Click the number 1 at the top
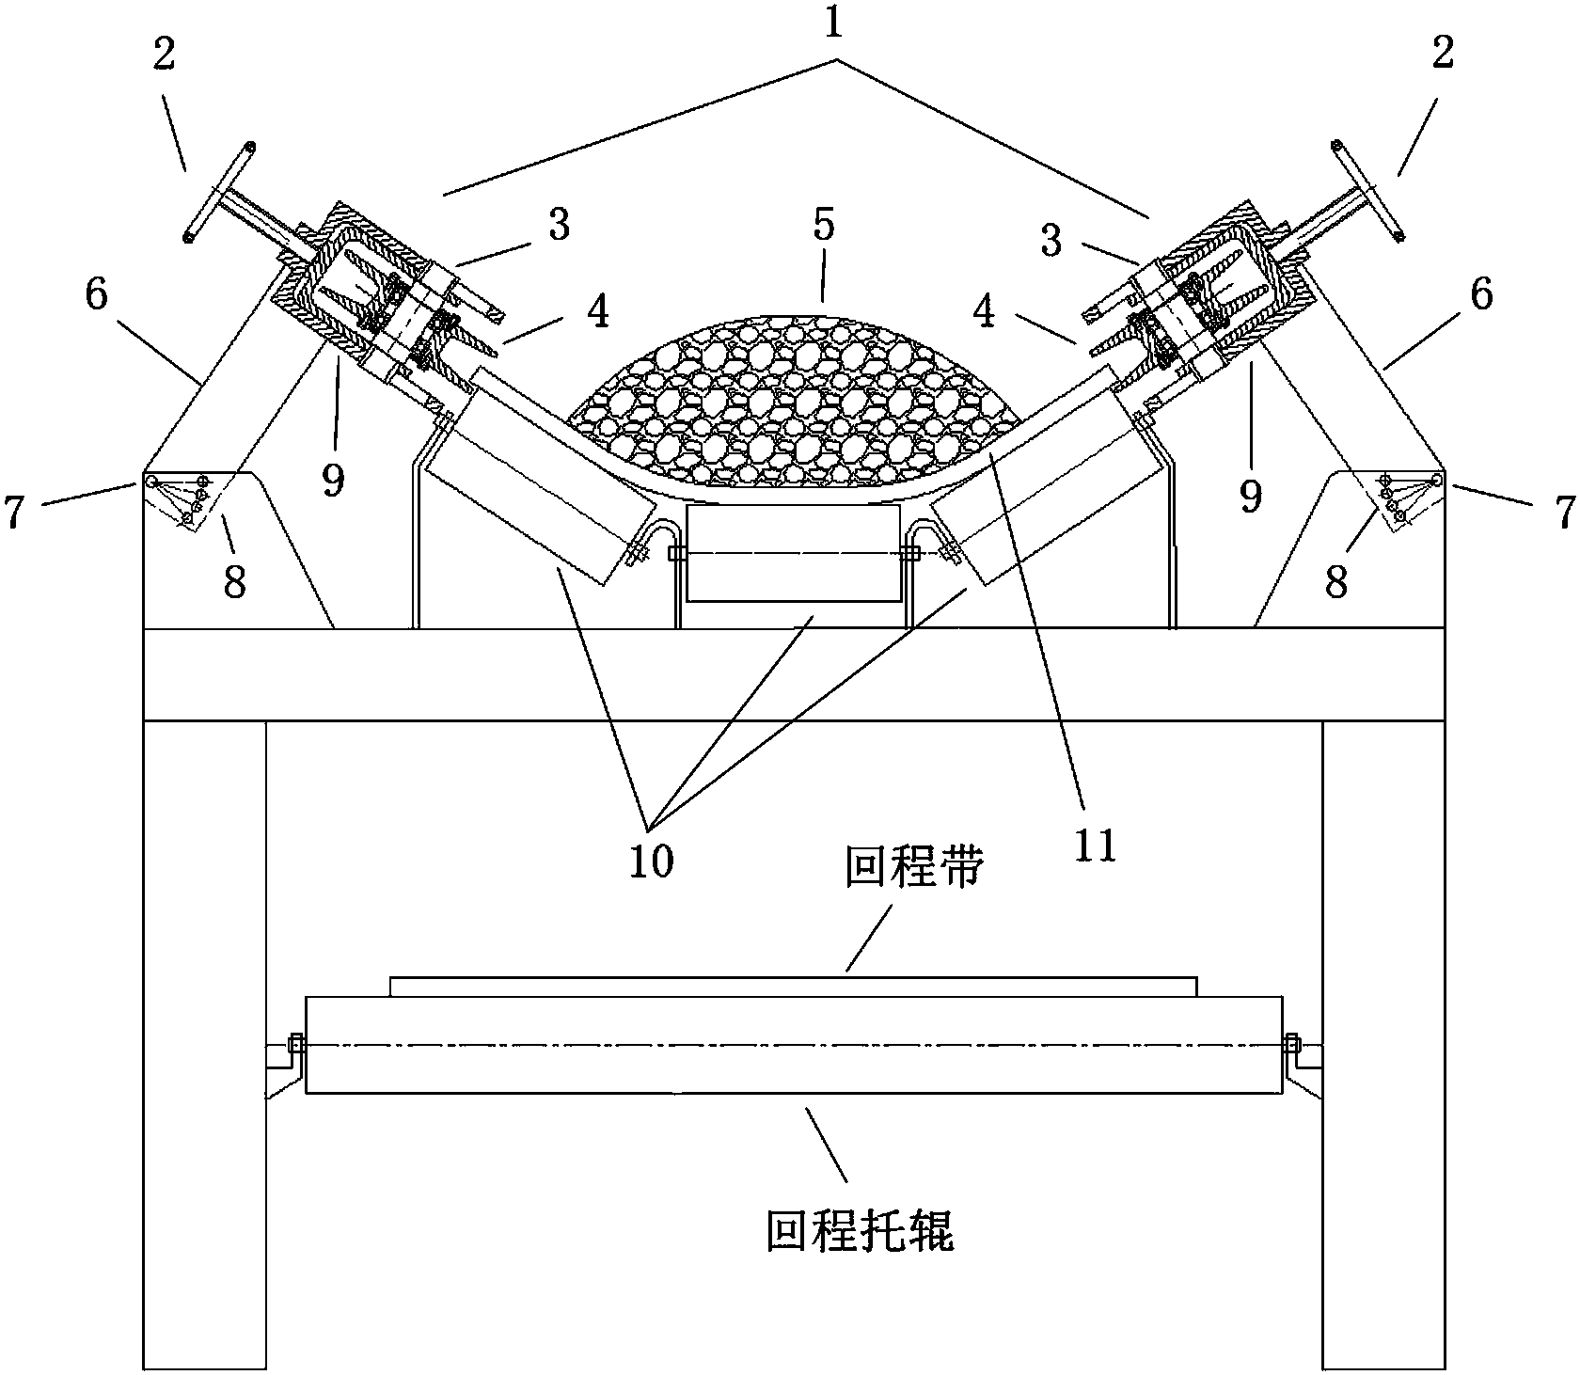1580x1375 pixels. (833, 26)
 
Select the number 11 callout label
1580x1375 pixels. (1096, 844)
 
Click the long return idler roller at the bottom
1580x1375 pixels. (793, 1044)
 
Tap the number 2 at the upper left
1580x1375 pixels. (164, 56)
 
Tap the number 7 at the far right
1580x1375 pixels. (1564, 513)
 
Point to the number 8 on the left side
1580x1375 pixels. (234, 582)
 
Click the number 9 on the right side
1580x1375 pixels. (1250, 494)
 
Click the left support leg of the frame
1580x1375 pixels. (204, 1044)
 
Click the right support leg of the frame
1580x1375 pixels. (1382, 1044)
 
